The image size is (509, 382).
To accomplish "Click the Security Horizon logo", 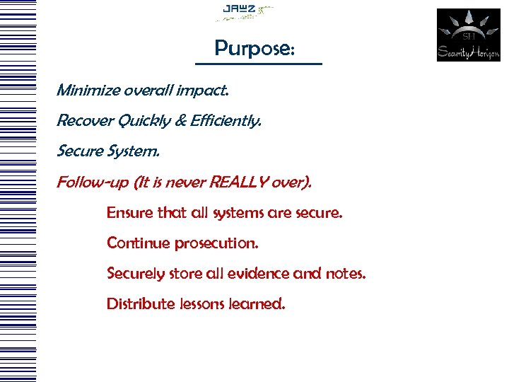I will coord(468,35).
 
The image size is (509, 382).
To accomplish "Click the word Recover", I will coord(83,121).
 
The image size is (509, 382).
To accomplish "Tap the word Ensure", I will coord(128,212).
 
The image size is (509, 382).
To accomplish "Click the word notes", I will coord(346,273).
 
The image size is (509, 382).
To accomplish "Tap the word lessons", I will coord(204,304).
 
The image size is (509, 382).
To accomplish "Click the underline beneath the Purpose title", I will coord(258,64).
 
